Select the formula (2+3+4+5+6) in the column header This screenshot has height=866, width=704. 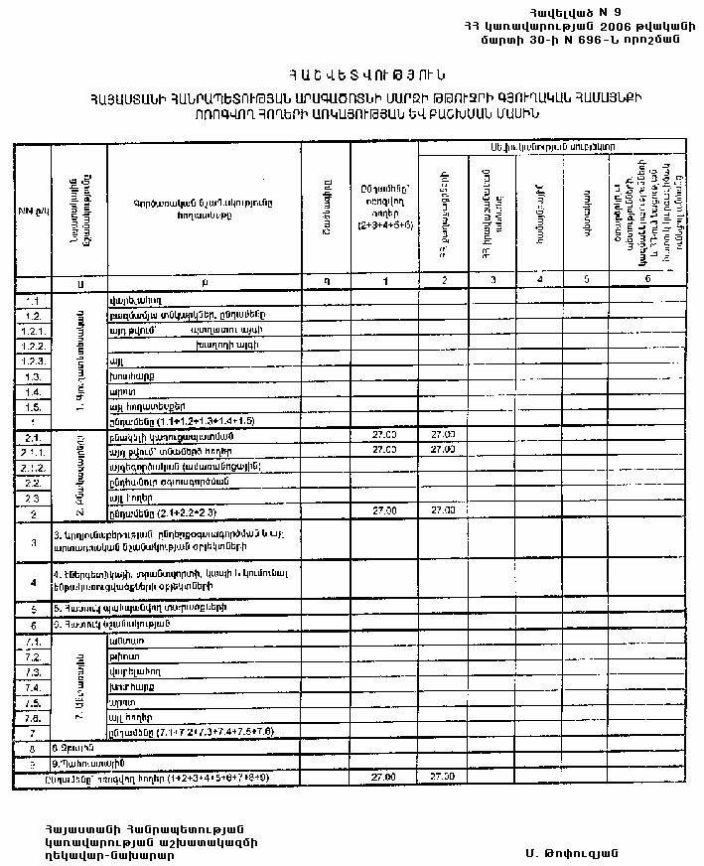coord(383,226)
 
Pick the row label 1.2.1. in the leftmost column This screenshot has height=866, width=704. coord(34,329)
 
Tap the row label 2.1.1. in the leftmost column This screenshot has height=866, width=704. coord(34,450)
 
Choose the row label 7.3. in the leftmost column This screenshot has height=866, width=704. coord(33,672)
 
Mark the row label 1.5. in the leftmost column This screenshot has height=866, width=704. coord(33,406)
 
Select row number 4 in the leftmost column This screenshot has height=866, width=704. coord(33,582)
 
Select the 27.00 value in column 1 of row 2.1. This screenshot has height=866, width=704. coord(383,435)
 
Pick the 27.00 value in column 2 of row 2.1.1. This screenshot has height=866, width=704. coord(442,450)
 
